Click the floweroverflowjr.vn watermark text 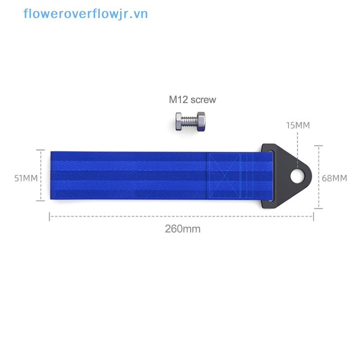point(85,14)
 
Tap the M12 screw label point(193,99)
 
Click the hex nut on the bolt point(201,121)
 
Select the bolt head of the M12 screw point(179,121)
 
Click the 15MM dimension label point(298,126)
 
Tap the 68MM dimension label point(334,178)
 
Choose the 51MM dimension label point(26,178)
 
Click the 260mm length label point(183,229)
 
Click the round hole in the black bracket point(297,176)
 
